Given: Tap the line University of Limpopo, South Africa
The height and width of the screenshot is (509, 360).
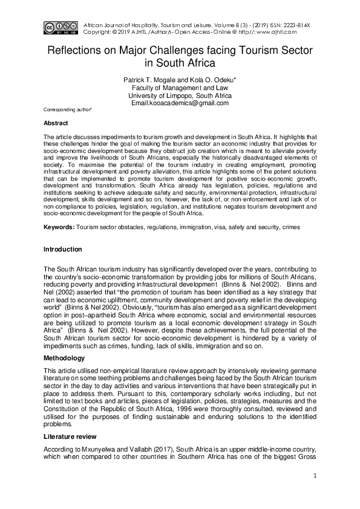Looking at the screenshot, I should [x=180, y=96].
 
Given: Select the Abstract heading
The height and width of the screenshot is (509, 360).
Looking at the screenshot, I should [x=56, y=123].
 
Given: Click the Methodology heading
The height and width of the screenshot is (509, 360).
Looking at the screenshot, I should [x=64, y=358].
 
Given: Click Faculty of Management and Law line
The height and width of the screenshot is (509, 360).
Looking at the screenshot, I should [x=180, y=88].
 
